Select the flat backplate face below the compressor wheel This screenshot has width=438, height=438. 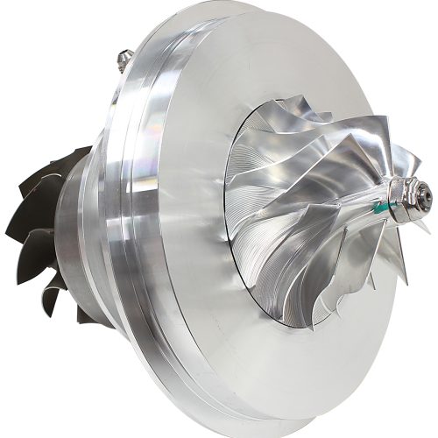pyautogui.click(x=289, y=368)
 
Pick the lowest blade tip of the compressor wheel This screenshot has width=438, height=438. pyautogui.click(x=324, y=320)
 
